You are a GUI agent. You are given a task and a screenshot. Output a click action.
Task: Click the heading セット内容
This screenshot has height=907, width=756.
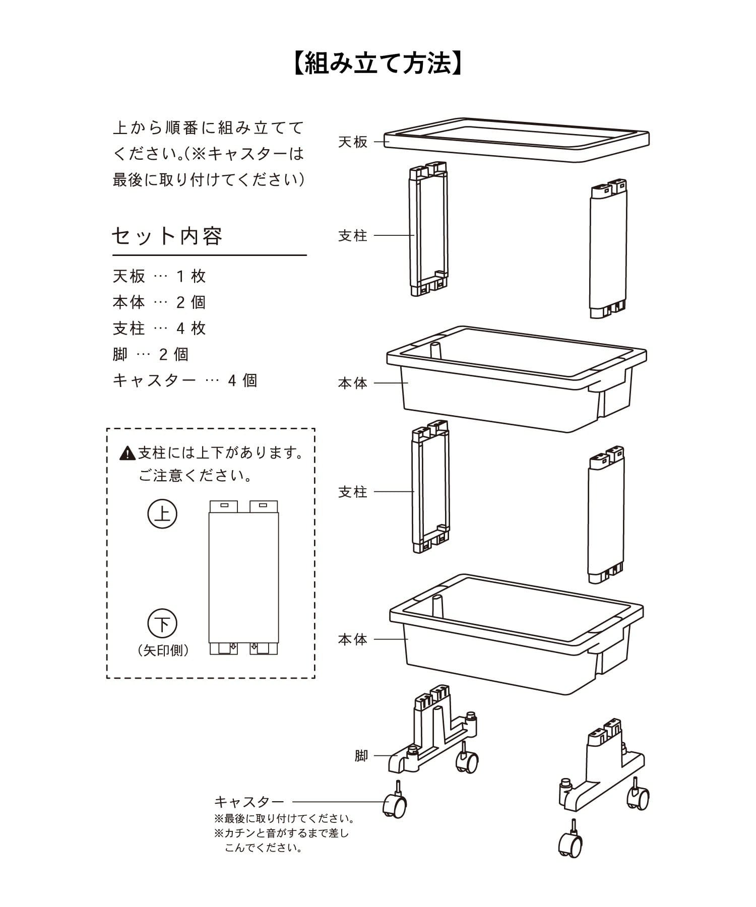pyautogui.click(x=167, y=235)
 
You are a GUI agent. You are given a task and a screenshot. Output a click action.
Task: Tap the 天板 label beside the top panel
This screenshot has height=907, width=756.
pyautogui.click(x=353, y=142)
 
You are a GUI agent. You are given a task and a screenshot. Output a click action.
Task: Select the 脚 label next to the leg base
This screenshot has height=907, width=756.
pyautogui.click(x=361, y=756)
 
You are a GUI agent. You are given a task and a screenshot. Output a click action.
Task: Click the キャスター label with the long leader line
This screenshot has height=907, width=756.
pyautogui.click(x=249, y=802)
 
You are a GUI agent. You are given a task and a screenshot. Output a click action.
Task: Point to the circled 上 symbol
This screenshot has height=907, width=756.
pyautogui.click(x=162, y=514)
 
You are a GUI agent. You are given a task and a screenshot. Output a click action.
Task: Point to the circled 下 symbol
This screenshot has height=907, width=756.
pyautogui.click(x=162, y=624)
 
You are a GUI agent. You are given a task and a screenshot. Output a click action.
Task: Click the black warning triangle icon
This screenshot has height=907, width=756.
pyautogui.click(x=128, y=454)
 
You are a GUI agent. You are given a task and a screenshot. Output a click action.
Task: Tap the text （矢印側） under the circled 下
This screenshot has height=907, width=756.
pyautogui.click(x=163, y=651)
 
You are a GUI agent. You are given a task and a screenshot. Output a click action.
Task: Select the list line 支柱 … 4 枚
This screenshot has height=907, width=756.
pyautogui.click(x=159, y=329)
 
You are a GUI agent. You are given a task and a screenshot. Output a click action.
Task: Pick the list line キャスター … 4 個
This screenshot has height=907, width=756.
pyautogui.click(x=185, y=380)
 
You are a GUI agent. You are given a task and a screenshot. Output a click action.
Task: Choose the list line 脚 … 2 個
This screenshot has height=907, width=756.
pyautogui.click(x=150, y=355)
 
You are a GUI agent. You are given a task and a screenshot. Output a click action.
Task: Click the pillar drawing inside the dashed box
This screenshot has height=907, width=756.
pyautogui.click(x=243, y=577)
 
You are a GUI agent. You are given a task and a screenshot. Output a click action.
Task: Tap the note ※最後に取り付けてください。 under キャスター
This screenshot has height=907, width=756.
pyautogui.click(x=284, y=818)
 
